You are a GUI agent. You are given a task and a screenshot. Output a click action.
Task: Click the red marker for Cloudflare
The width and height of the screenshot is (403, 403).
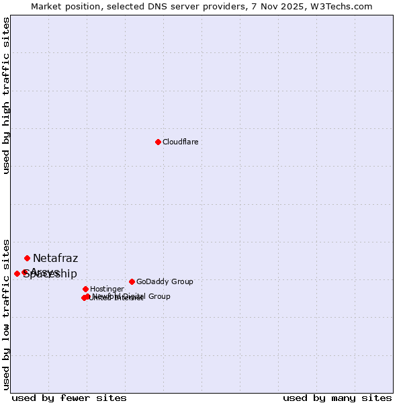tap(158, 142)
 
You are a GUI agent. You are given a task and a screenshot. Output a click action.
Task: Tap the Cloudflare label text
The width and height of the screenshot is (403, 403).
tap(180, 142)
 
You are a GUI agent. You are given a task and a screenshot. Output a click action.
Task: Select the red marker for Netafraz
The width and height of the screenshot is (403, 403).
tap(27, 258)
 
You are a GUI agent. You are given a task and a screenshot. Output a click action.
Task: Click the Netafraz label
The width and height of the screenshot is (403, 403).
tap(55, 258)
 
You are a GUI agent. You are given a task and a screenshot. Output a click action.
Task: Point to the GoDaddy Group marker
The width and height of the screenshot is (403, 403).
tap(132, 281)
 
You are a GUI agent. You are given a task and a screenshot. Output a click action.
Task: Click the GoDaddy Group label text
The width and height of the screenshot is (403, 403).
tap(165, 281)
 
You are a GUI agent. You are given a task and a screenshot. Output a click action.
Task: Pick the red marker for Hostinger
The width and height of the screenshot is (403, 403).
tap(85, 289)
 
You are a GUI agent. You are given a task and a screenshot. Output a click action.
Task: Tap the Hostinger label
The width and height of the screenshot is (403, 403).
tap(106, 289)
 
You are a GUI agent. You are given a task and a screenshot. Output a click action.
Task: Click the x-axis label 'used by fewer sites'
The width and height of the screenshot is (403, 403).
tap(69, 398)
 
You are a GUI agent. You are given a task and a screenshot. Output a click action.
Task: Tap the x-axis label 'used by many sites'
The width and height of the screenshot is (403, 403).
tap(337, 398)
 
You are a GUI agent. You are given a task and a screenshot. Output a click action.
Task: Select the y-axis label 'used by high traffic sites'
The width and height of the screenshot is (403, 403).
tap(6, 96)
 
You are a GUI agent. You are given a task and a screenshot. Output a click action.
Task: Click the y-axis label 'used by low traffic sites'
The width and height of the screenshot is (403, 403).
tap(6, 314)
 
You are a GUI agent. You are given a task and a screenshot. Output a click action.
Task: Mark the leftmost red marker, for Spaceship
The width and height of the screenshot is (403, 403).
tap(17, 273)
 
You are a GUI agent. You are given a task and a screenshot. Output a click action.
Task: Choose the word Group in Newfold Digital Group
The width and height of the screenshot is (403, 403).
tap(159, 296)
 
